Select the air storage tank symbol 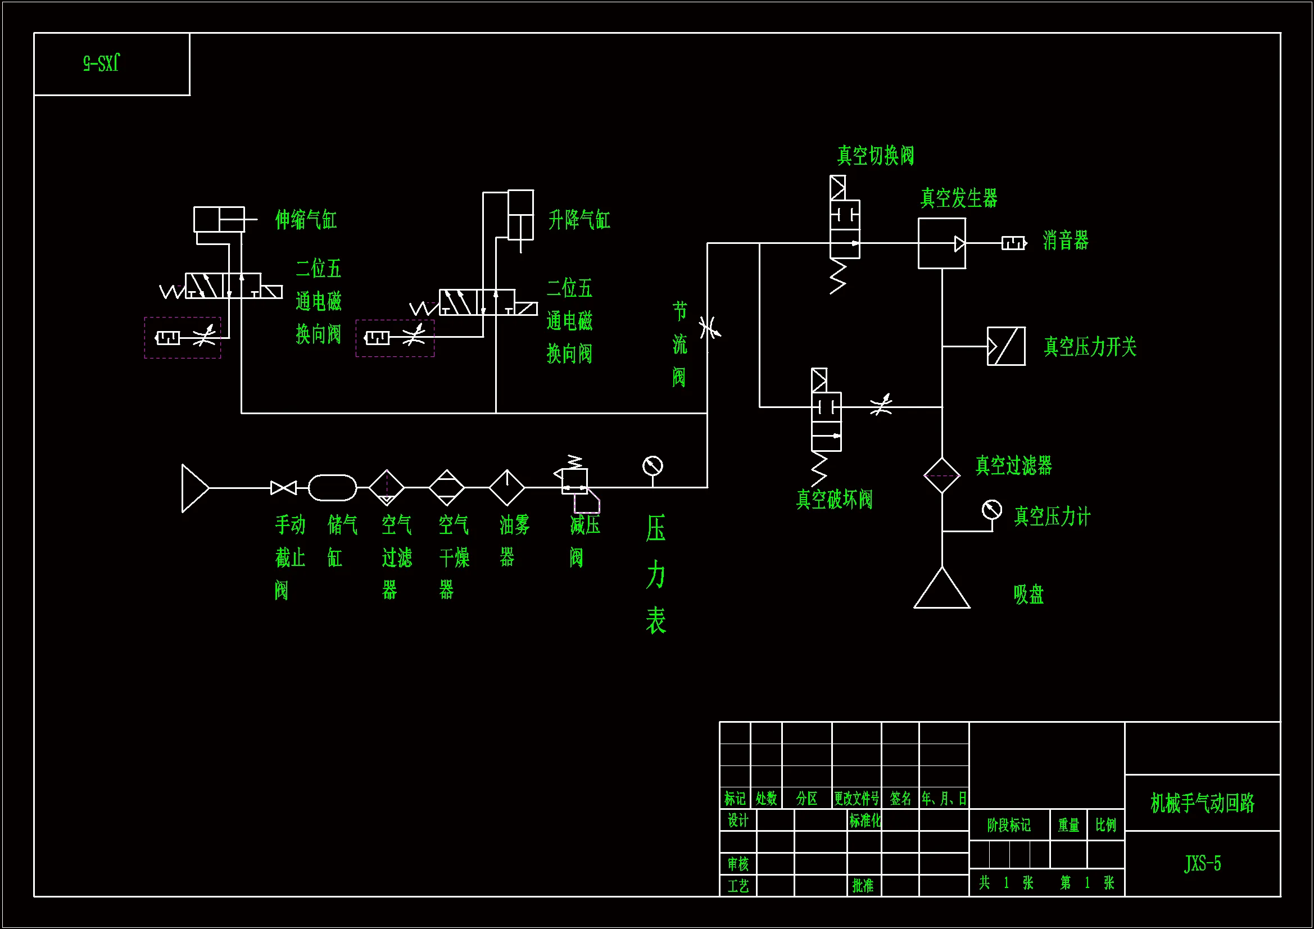333,488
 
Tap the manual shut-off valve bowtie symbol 283,488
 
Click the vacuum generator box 941,244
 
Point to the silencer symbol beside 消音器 1013,243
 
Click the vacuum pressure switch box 1006,346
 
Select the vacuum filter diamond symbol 942,475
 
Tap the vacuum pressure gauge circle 992,509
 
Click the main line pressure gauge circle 653,466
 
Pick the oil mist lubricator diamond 506,488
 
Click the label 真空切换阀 876,156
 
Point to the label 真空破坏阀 835,500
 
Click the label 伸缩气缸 306,220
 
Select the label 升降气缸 579,220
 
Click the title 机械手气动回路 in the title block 1202,803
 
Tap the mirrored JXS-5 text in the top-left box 101,63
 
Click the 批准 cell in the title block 863,886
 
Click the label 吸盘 1028,595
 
